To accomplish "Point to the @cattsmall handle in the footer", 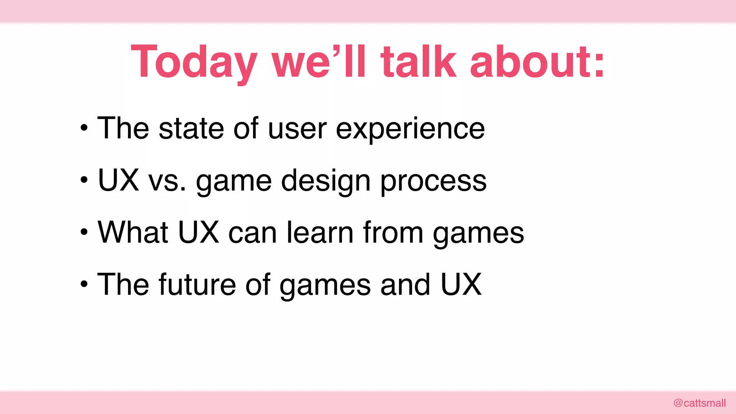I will point(699,403).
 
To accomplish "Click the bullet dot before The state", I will point(84,128).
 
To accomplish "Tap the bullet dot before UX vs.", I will point(84,180).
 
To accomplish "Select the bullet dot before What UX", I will point(84,232).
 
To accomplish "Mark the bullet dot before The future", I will point(84,284).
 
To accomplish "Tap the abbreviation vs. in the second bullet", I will point(167,181).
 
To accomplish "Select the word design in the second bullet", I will point(326,181).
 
